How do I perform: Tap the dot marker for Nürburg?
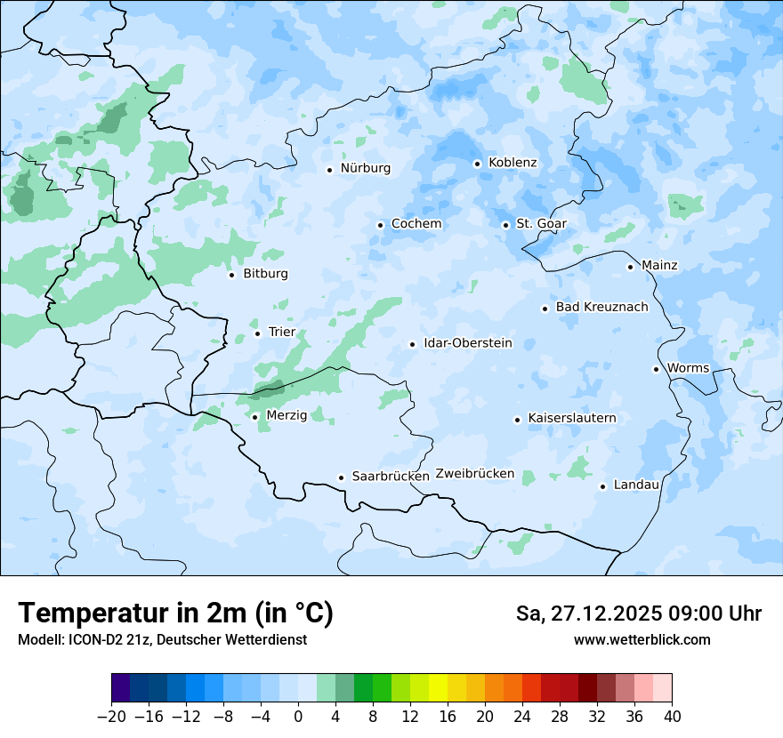[329, 170]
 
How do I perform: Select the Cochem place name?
[416, 224]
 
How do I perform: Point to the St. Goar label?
[541, 224]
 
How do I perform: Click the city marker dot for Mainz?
[630, 267]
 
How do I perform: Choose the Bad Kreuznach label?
[601, 308]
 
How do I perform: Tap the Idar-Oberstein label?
[468, 343]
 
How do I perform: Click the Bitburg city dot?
[231, 275]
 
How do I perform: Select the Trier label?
[281, 333]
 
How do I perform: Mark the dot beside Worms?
[656, 369]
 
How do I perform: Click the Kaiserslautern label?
[571, 418]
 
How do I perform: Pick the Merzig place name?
[287, 415]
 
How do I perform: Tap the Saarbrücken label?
[391, 477]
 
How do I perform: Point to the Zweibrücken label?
[474, 474]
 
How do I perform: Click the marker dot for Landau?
[602, 486]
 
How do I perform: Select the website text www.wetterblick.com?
[642, 640]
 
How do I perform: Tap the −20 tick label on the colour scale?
[111, 717]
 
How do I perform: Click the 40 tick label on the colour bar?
[672, 717]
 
